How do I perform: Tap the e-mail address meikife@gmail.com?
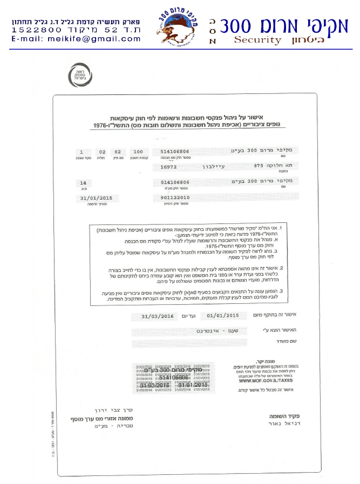pyautogui.click(x=75, y=39)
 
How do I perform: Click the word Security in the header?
pyautogui.click(x=257, y=40)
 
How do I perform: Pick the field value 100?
pyautogui.click(x=138, y=152)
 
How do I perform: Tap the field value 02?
pyautogui.click(x=102, y=152)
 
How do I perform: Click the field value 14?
pyautogui.click(x=83, y=183)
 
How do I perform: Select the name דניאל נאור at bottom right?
pyautogui.click(x=284, y=424)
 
